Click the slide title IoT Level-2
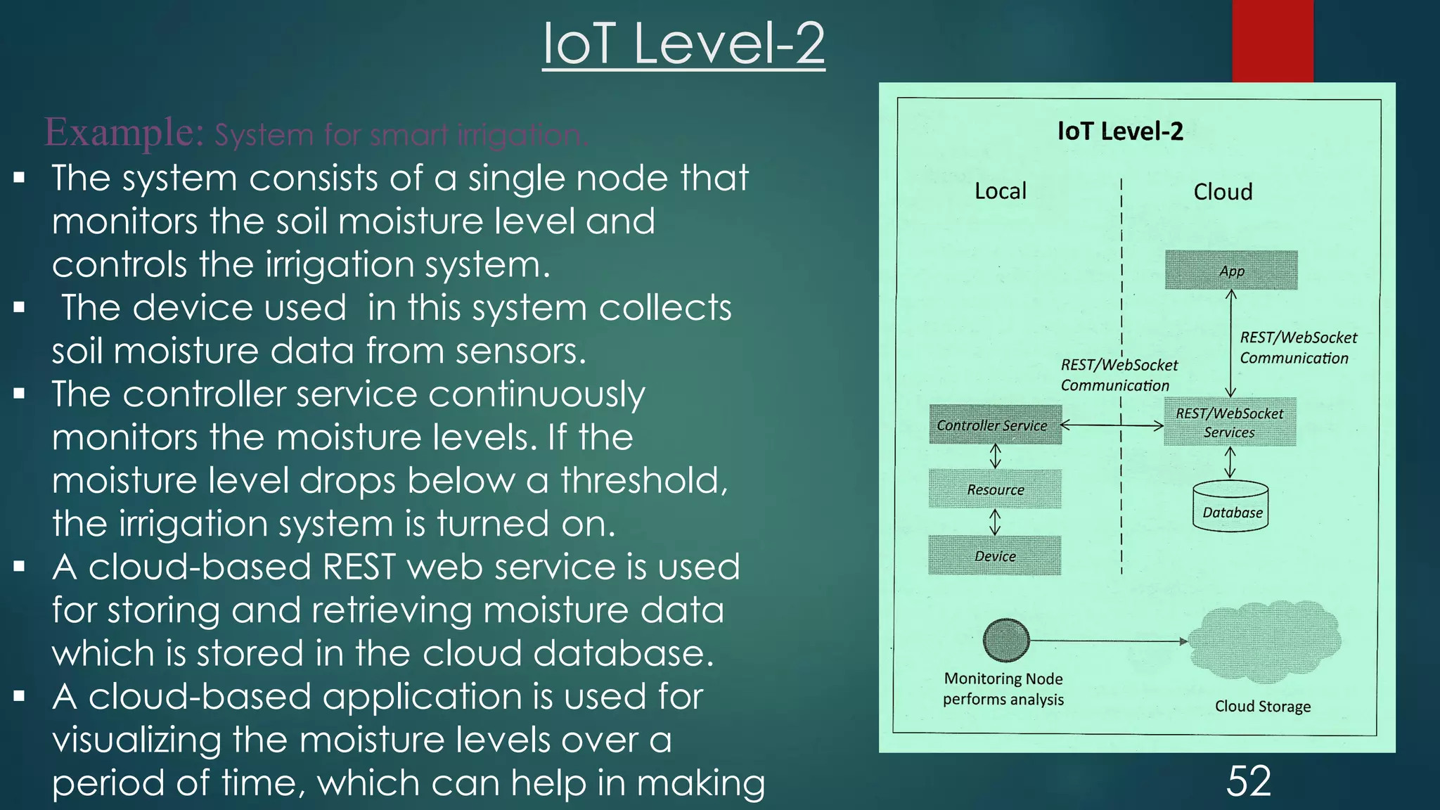tap(683, 44)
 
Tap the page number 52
tap(1249, 781)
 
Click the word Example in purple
tap(124, 131)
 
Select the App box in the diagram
tap(1231, 271)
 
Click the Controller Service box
tap(995, 425)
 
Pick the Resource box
tap(995, 489)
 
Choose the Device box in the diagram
tap(995, 555)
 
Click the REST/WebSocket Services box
tap(1230, 423)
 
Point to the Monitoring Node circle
tap(1006, 641)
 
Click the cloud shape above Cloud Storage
tap(1266, 640)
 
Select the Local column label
tap(1000, 191)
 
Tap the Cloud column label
tap(1223, 192)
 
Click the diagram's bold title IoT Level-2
tap(1120, 131)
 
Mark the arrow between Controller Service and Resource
tap(995, 456)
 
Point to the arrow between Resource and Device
tap(995, 522)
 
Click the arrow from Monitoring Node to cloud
tap(1107, 641)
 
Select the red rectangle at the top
tap(1273, 41)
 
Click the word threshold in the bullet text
tap(643, 481)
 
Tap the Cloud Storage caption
tap(1263, 706)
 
